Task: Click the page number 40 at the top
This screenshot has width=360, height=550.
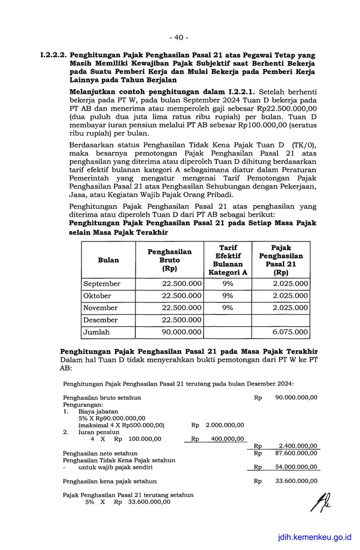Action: (x=179, y=37)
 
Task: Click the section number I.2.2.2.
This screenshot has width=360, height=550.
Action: (x=53, y=56)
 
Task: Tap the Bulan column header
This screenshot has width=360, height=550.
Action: (x=108, y=260)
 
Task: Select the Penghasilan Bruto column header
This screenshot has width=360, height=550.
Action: (x=170, y=260)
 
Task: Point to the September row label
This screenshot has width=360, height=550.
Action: (x=102, y=284)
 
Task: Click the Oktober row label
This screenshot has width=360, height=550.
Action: (x=97, y=296)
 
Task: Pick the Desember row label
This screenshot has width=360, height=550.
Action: (x=100, y=320)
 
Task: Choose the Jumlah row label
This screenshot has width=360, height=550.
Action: (x=96, y=332)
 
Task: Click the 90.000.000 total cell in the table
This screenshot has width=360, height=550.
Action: (x=182, y=332)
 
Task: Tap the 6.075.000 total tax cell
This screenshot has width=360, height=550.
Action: (x=290, y=332)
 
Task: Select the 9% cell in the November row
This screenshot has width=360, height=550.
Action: (x=227, y=308)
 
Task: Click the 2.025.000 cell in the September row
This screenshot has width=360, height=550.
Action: (x=290, y=284)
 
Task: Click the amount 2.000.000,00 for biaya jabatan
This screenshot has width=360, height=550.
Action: (x=225, y=425)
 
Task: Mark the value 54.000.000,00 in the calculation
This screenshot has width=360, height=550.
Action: (x=296, y=467)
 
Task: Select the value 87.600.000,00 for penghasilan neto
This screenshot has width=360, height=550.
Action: (x=296, y=453)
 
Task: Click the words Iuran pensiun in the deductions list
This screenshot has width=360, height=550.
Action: (x=99, y=432)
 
